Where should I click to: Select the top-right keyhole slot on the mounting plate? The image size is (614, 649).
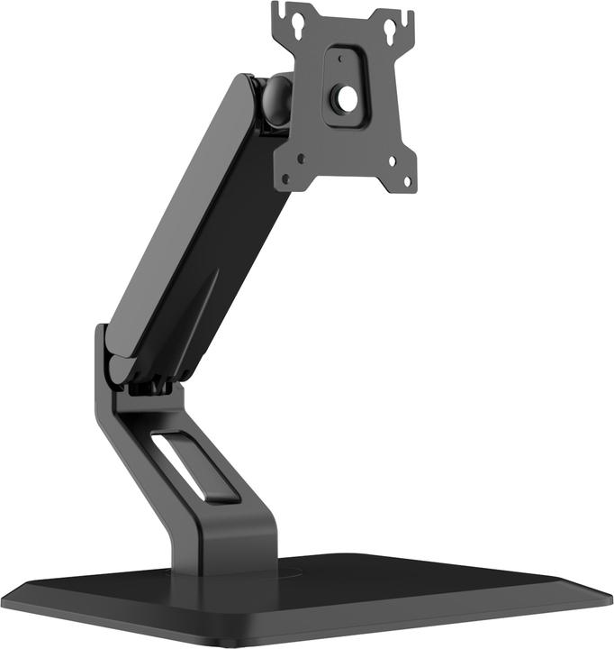[x=392, y=30]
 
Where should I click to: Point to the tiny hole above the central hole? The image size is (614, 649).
[x=340, y=59]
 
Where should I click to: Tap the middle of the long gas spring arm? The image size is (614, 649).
[x=198, y=225]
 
